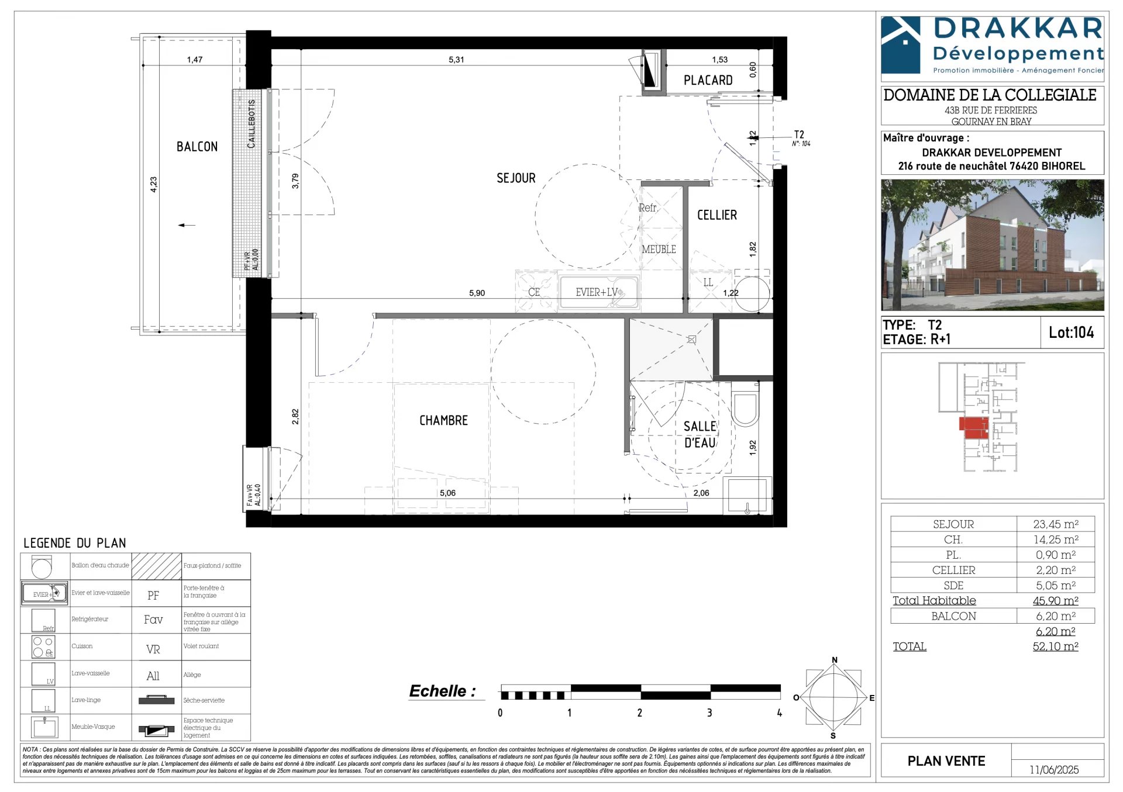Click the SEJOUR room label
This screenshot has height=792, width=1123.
(x=516, y=178)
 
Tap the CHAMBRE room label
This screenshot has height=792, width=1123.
(x=443, y=421)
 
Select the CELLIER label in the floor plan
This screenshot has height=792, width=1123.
(x=716, y=215)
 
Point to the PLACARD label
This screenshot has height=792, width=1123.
(x=708, y=81)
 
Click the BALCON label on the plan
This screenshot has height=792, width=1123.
(x=197, y=147)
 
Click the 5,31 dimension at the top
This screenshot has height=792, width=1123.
(x=456, y=60)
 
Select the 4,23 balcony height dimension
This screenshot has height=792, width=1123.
(x=153, y=184)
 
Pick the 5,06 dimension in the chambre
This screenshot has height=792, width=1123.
(x=447, y=493)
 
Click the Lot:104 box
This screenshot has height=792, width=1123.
(x=1071, y=333)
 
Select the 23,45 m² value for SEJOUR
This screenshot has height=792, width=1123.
(x=1055, y=524)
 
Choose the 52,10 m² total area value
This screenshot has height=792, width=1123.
(x=1055, y=646)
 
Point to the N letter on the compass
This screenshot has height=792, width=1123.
(x=835, y=660)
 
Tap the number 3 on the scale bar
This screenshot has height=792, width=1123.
(x=709, y=713)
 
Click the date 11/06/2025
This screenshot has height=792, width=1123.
(x=1054, y=770)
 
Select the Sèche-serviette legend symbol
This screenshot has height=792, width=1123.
(x=156, y=700)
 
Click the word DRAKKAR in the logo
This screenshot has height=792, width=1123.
(x=1018, y=29)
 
